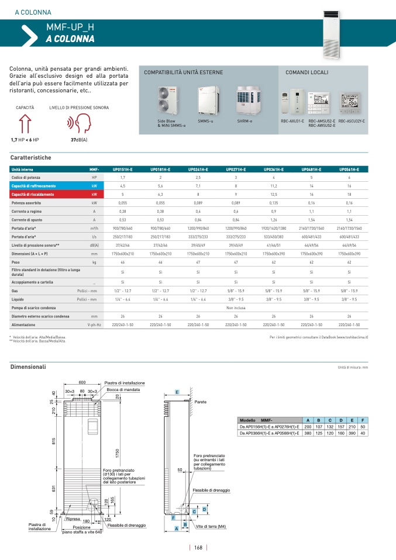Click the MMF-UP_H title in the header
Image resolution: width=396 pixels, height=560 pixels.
[x=70, y=27]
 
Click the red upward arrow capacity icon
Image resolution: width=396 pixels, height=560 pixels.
[x=25, y=123]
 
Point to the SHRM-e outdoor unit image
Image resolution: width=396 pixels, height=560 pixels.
[x=245, y=101]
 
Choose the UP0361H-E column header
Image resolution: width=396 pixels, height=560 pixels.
[x=273, y=169]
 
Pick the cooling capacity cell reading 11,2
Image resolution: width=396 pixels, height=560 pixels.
[x=273, y=185]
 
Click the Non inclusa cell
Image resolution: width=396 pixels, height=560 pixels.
[x=235, y=307]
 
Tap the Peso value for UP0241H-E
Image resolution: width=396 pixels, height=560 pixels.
[x=198, y=263]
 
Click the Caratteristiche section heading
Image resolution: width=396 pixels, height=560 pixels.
[x=31, y=158]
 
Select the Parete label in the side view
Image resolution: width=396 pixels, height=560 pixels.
[x=200, y=402]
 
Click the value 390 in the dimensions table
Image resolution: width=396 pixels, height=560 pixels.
[x=352, y=433]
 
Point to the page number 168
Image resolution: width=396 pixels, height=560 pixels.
[x=198, y=547]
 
